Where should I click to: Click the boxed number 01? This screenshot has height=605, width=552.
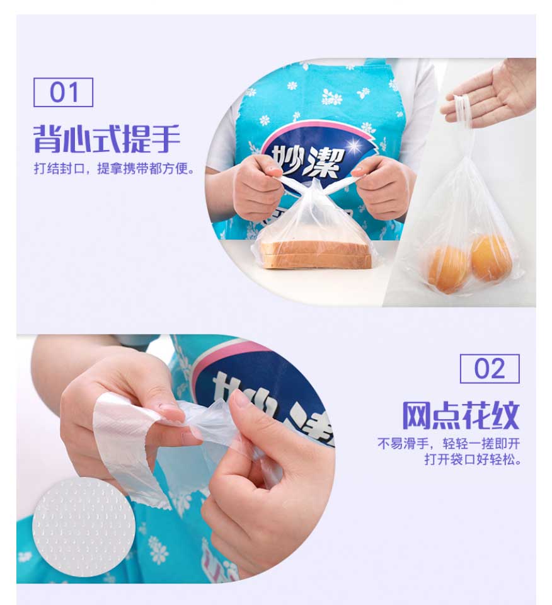click(63, 92)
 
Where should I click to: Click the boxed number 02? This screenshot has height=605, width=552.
click(490, 369)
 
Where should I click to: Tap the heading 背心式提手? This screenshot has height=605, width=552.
click(107, 139)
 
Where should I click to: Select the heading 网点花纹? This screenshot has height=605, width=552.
click(461, 415)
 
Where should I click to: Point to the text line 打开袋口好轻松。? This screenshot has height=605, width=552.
click(473, 459)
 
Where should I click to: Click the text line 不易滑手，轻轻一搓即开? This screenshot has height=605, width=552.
click(449, 443)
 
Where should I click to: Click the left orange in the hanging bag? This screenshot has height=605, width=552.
click(449, 270)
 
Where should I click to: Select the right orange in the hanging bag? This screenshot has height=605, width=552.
click(491, 257)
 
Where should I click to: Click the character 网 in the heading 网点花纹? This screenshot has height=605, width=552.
click(417, 415)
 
